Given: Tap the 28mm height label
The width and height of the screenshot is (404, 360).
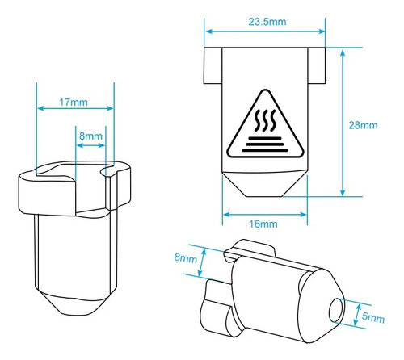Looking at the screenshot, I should click(x=364, y=125).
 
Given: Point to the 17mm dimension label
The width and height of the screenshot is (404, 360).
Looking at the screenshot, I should click(x=74, y=103).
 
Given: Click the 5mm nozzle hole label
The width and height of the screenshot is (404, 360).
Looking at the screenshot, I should click(x=373, y=319).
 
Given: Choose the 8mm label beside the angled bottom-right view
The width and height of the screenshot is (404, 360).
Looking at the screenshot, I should click(x=185, y=259).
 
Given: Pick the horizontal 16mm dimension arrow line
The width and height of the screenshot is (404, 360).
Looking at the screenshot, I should click(x=264, y=214).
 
